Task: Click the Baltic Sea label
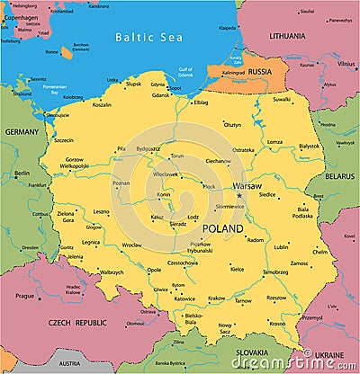148,39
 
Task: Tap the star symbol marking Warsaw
239,196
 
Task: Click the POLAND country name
222,229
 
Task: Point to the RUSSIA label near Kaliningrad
260,70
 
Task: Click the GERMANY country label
22,131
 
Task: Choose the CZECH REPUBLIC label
78,322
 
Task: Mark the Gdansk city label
160,94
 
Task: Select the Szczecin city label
64,140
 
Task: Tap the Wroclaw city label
132,245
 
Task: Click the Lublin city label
282,246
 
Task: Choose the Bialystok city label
309,146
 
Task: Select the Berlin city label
22,173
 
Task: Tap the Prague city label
24,295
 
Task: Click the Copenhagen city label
20,17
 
